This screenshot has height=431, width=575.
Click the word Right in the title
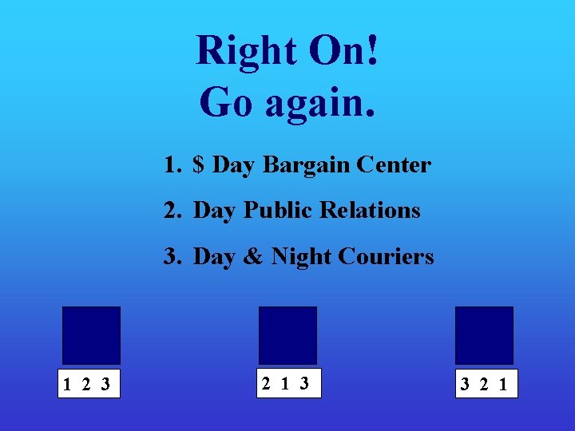tap(246, 51)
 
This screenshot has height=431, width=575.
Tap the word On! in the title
tap(344, 51)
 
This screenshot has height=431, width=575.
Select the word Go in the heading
tap(227, 102)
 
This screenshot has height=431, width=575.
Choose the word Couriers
tap(386, 256)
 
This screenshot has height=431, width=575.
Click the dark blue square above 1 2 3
tap(91, 335)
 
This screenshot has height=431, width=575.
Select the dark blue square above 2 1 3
tap(287, 335)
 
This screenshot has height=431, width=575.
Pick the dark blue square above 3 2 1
tap(484, 335)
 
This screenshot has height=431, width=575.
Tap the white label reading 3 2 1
tap(484, 384)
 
